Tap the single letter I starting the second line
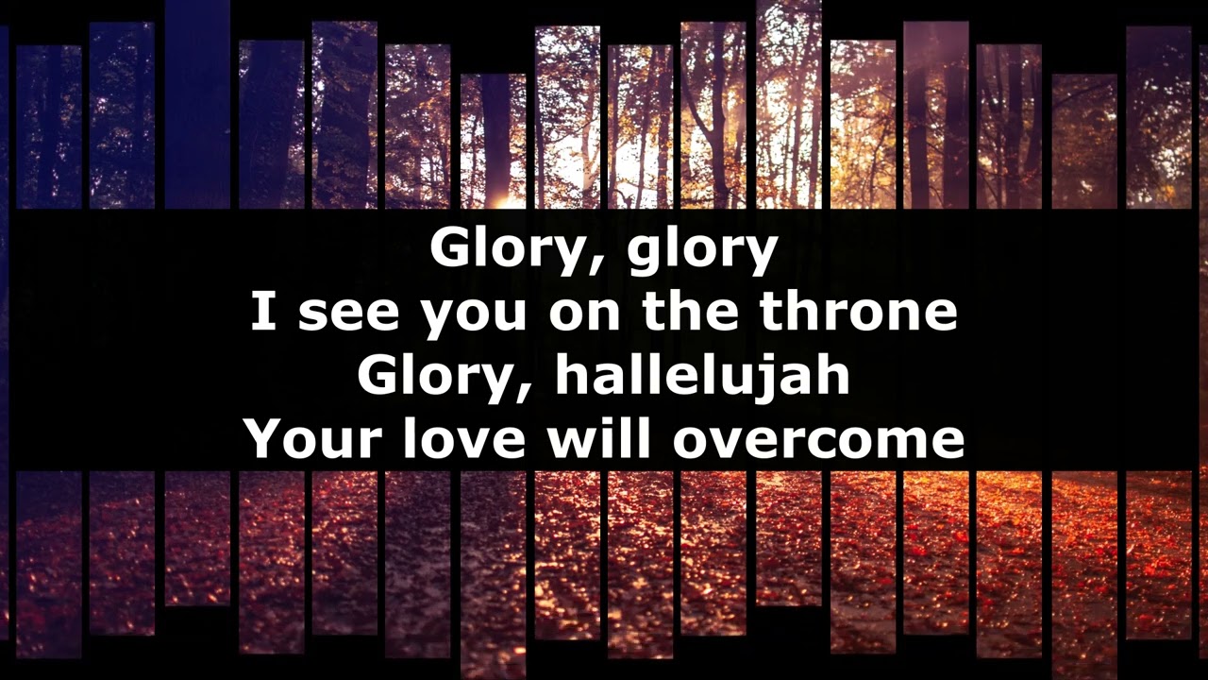pyautogui.click(x=262, y=312)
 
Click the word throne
pyautogui.click(x=860, y=312)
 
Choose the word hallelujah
pyautogui.click(x=702, y=376)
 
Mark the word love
pyautogui.click(x=461, y=438)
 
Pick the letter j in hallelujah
pyautogui.click(x=772, y=378)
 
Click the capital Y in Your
pyautogui.click(x=261, y=438)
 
